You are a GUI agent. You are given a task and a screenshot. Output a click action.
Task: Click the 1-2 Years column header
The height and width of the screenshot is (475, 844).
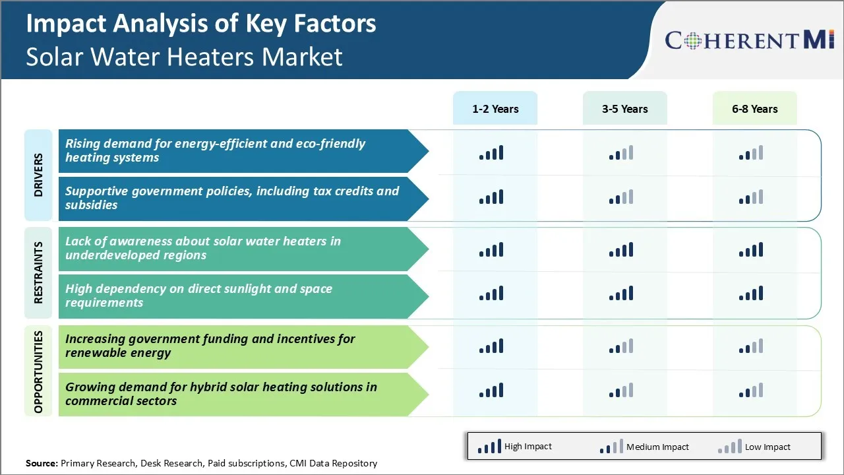(495, 109)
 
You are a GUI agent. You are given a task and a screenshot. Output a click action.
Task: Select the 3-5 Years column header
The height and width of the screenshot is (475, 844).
(624, 109)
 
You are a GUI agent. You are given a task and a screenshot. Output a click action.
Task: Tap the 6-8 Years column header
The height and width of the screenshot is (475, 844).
(754, 109)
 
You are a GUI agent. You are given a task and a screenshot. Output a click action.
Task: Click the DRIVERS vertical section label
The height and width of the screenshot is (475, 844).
(38, 175)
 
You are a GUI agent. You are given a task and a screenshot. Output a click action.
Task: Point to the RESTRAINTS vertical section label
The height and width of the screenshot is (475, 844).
(38, 272)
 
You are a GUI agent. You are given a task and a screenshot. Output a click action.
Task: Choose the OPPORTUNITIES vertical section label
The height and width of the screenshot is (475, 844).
(38, 371)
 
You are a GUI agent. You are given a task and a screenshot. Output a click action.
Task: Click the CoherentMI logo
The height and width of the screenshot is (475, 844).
(750, 40)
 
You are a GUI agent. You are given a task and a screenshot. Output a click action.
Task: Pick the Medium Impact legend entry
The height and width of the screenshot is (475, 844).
(644, 447)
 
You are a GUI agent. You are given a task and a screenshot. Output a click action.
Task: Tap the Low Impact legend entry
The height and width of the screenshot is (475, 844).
(754, 447)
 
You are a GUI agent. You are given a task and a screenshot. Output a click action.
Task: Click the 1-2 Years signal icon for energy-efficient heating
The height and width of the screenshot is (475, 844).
(491, 153)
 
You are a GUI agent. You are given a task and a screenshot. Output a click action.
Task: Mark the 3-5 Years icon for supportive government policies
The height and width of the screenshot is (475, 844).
(621, 197)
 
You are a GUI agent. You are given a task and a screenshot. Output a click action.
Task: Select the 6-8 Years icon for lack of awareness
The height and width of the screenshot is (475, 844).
(751, 249)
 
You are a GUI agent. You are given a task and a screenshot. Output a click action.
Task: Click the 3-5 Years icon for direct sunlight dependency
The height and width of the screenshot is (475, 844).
(621, 293)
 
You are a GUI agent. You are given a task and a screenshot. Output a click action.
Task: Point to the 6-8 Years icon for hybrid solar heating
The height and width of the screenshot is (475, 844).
(751, 390)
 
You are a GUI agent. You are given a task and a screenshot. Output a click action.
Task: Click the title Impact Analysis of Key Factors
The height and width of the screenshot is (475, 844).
(201, 24)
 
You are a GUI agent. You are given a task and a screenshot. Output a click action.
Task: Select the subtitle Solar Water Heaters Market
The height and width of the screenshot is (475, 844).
(185, 57)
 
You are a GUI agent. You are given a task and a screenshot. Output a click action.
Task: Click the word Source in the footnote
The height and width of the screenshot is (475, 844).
(42, 463)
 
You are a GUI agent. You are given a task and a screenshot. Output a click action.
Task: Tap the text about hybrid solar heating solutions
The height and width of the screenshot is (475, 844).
(221, 394)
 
